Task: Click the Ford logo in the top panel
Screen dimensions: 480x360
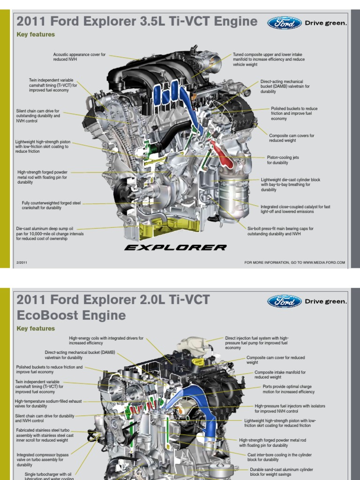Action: pos(284,23)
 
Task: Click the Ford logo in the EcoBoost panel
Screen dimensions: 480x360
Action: pos(284,301)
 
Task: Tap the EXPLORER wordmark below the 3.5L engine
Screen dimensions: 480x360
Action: pos(175,247)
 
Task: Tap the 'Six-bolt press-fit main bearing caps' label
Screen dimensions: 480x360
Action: pos(280,231)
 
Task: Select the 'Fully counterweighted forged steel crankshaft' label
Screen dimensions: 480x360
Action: pos(51,205)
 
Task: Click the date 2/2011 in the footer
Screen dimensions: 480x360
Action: pos(22,262)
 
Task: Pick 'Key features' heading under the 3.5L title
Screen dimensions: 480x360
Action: pos(36,35)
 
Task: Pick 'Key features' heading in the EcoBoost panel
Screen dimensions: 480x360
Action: pos(36,329)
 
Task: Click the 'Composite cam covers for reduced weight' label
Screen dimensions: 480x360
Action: pos(292,138)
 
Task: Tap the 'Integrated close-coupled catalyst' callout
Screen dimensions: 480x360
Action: pos(295,209)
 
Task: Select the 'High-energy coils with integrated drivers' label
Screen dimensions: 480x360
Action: pos(106,340)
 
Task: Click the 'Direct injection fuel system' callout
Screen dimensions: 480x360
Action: pos(257,343)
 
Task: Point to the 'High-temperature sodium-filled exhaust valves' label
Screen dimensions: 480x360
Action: pos(48,404)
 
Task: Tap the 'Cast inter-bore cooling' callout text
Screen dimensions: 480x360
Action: pos(279,457)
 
